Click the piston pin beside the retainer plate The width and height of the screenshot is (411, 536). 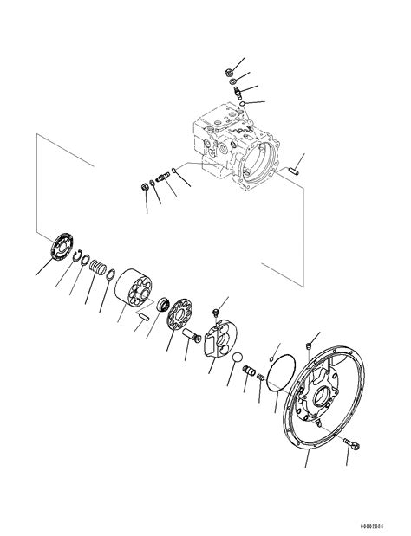(x=189, y=334)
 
